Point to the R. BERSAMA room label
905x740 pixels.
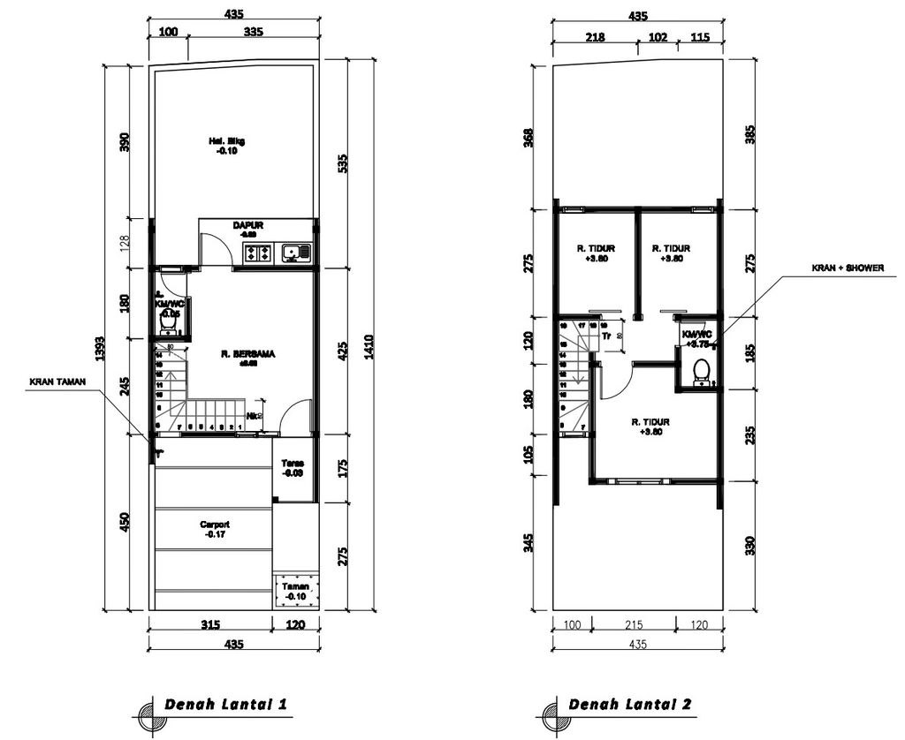[248, 357]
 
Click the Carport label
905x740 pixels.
[214, 528]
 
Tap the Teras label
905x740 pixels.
[293, 468]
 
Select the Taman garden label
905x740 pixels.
[293, 592]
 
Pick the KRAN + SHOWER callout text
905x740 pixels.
[848, 268]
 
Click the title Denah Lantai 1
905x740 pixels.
[225, 705]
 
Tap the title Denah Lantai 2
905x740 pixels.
[630, 705]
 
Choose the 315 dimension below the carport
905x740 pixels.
[209, 625]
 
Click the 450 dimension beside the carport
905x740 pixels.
[125, 523]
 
